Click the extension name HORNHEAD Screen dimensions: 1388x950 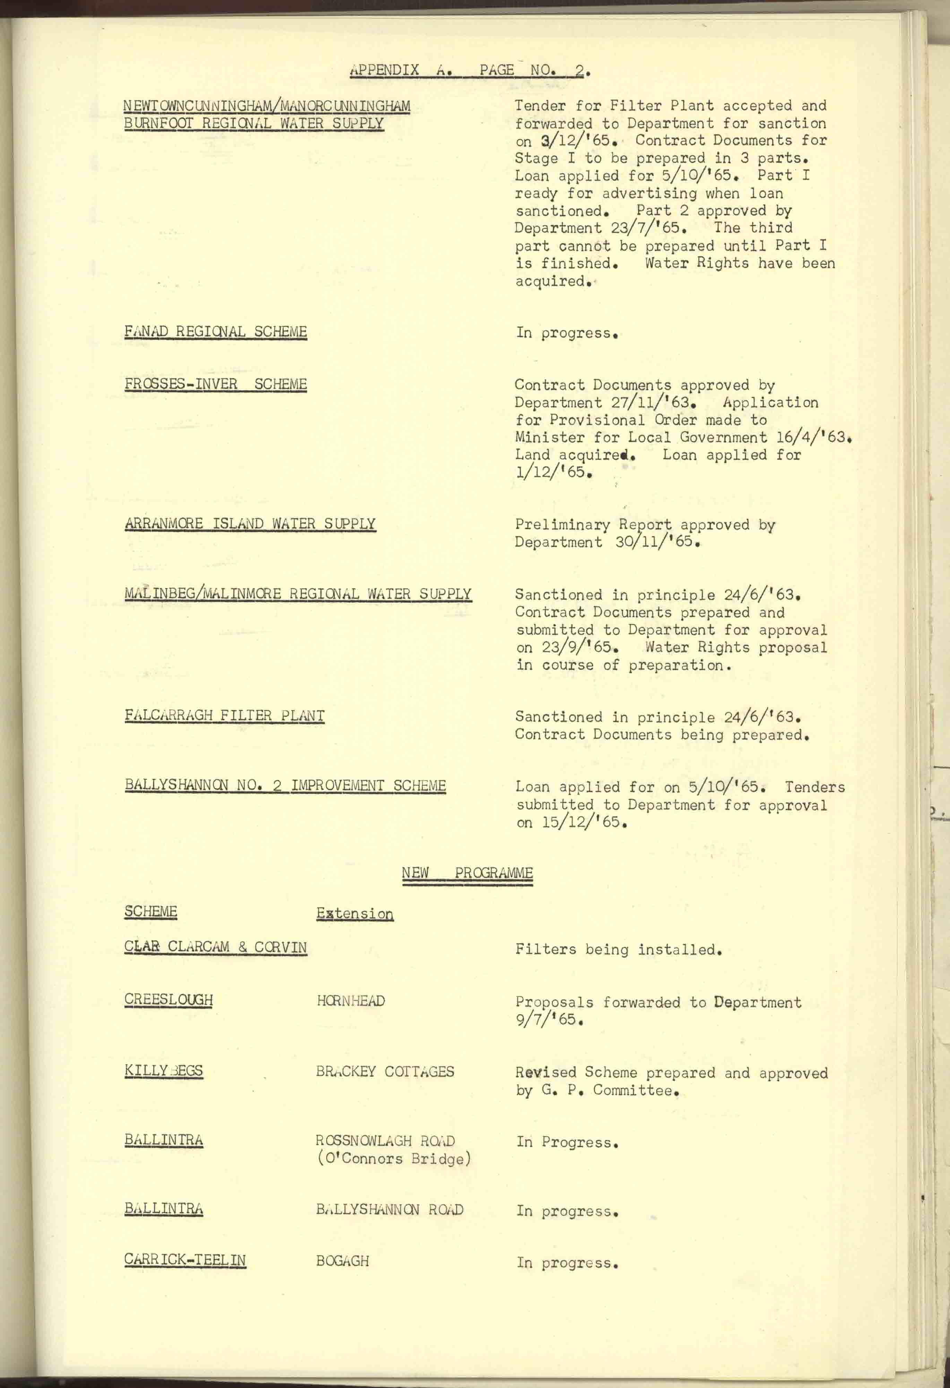tap(351, 1000)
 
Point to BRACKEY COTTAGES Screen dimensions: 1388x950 tap(385, 1071)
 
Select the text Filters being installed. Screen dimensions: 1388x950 tap(619, 949)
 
